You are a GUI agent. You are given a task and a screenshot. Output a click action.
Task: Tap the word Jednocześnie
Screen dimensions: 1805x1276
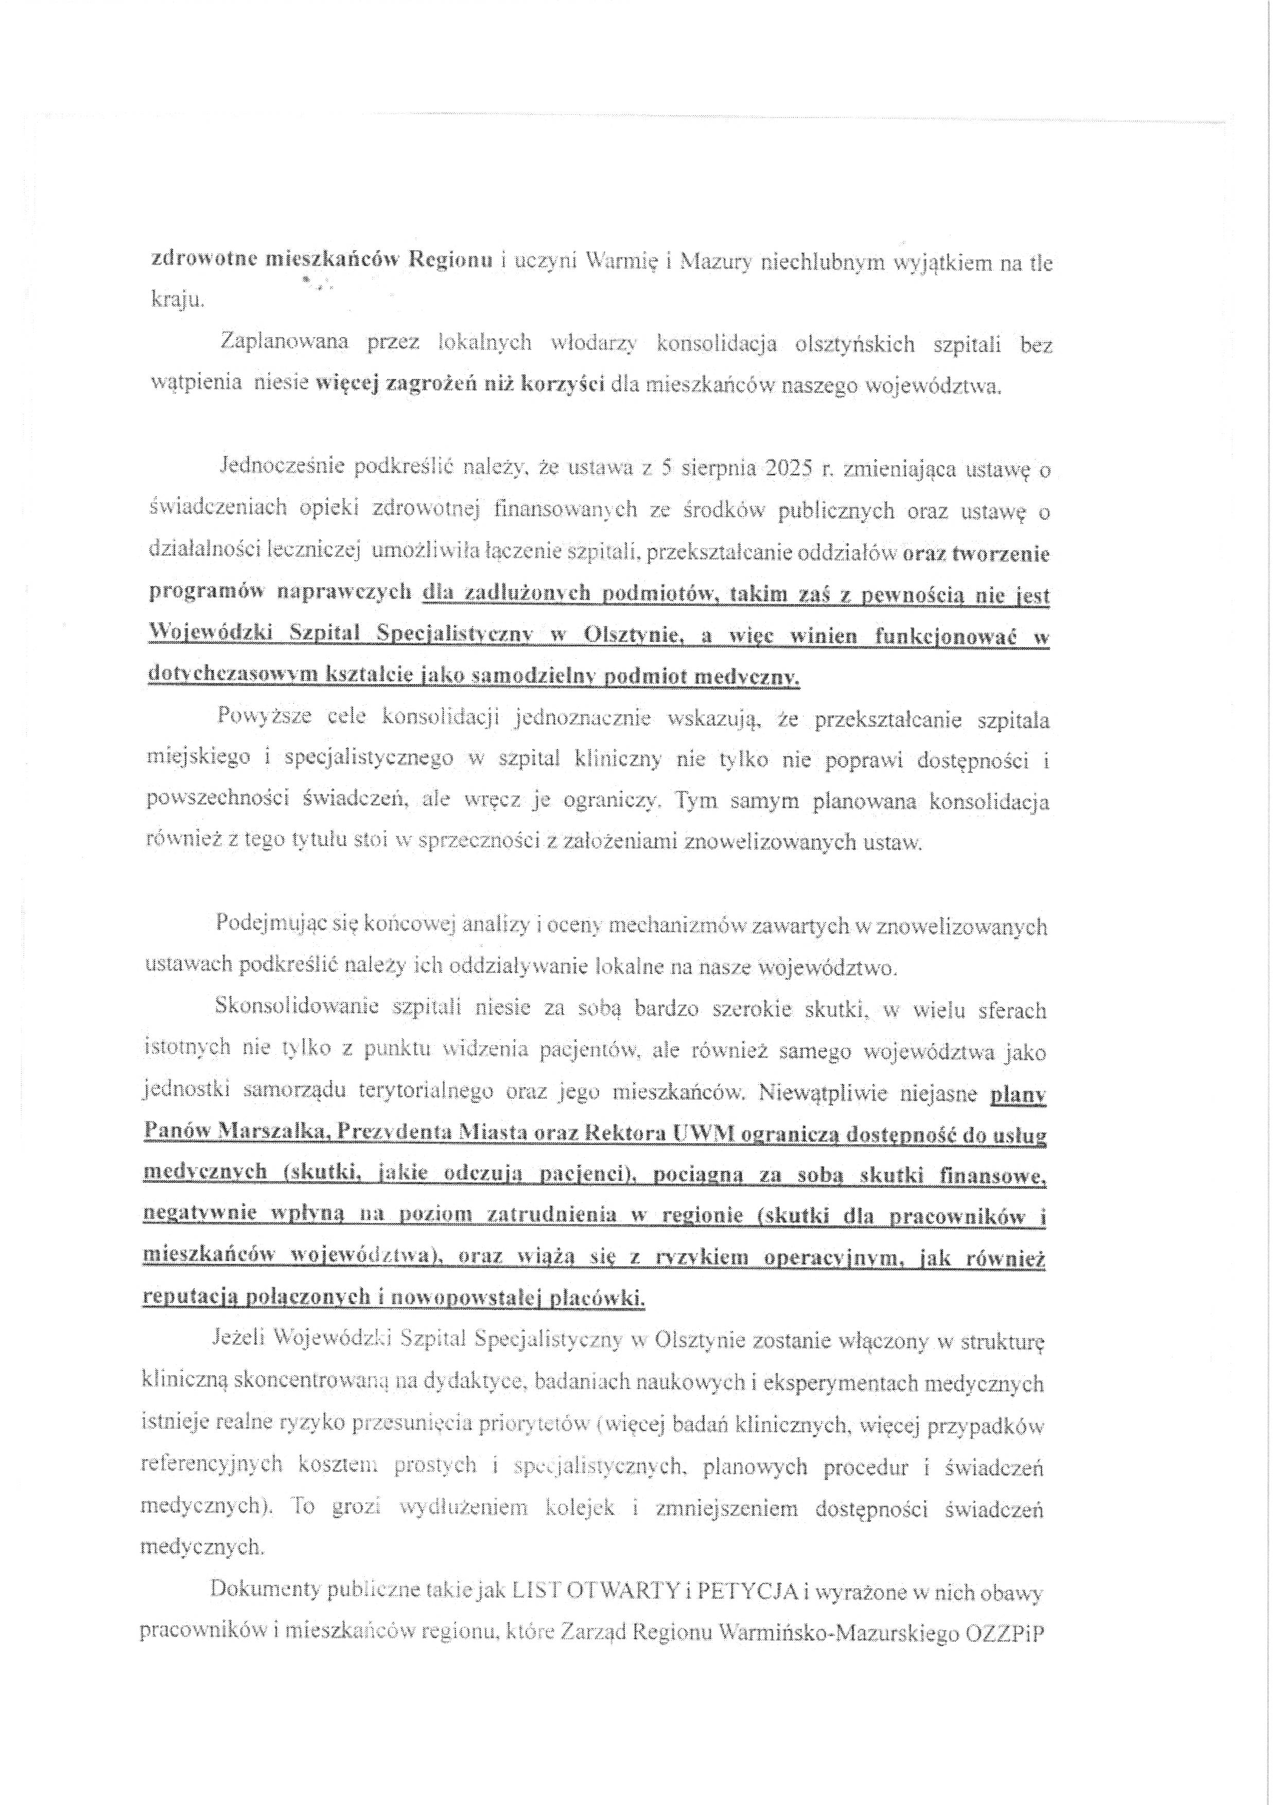[281, 470]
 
